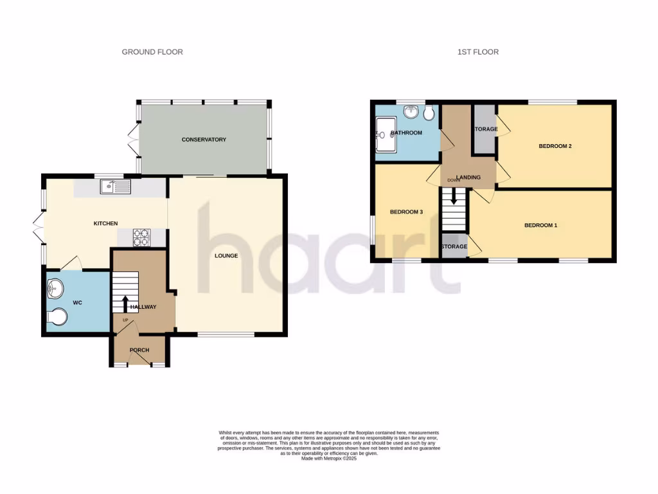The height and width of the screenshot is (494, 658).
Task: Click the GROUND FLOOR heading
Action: pyautogui.click(x=152, y=52)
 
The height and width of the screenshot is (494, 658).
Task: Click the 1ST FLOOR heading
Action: pyautogui.click(x=478, y=52)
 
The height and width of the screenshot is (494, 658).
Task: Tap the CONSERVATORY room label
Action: pyautogui.click(x=204, y=140)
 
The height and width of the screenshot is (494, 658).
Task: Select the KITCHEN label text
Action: pyautogui.click(x=106, y=224)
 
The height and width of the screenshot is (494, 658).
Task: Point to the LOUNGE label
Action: pyautogui.click(x=227, y=256)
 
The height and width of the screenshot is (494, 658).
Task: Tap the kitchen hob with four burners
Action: pyautogui.click(x=141, y=238)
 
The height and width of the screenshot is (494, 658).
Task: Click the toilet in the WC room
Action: pyautogui.click(x=58, y=317)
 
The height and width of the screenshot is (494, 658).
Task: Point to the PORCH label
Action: pyautogui.click(x=139, y=351)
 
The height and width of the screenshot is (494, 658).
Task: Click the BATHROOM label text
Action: pyautogui.click(x=407, y=133)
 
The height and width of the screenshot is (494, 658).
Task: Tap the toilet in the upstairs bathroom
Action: pyautogui.click(x=429, y=114)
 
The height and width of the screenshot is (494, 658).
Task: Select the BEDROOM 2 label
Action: pyautogui.click(x=555, y=147)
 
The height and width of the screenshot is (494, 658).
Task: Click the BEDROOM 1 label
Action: pyautogui.click(x=541, y=225)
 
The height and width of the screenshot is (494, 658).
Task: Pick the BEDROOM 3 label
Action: pyautogui.click(x=406, y=212)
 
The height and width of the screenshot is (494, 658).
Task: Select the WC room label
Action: pyautogui.click(x=78, y=302)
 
